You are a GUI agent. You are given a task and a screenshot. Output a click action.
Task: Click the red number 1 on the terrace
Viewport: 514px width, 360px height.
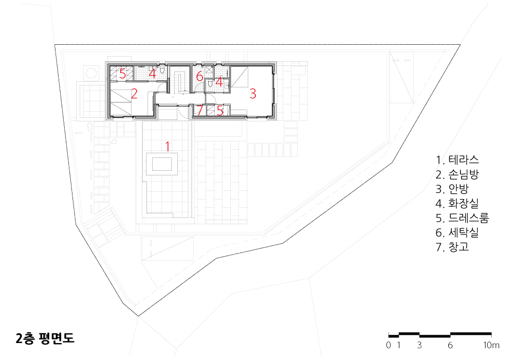point(168,146)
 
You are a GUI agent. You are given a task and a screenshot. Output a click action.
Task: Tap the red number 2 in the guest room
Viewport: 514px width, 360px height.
point(134,94)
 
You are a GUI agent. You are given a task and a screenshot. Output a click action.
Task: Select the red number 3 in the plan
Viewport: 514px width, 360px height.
point(253,94)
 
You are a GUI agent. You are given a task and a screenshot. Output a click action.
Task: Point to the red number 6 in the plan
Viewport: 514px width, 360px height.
point(199,77)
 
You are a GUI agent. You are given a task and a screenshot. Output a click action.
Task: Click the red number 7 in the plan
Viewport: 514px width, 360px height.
point(199,111)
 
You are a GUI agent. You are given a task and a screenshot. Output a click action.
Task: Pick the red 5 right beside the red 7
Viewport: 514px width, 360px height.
point(220,111)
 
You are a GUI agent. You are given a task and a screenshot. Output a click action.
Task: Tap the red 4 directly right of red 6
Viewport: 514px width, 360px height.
point(219,82)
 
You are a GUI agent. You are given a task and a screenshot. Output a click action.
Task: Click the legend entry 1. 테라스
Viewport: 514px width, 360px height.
point(457,160)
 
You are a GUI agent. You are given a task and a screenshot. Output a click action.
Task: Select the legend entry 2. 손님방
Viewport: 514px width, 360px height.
point(457,174)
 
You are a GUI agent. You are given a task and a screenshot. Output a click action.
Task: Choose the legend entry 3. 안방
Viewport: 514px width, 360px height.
point(452,189)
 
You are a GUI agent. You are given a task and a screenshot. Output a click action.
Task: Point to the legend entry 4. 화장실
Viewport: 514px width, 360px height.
point(457,204)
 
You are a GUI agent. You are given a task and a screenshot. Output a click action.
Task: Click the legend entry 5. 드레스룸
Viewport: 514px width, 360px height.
point(462,218)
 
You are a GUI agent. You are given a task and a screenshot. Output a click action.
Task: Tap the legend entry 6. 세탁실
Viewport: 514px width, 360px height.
point(457,232)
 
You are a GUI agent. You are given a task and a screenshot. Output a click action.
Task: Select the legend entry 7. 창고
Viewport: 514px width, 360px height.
point(452,247)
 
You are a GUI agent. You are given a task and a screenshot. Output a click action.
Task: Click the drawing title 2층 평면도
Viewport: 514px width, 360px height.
point(45,338)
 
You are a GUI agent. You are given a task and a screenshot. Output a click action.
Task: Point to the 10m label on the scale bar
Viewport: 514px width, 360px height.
point(491,345)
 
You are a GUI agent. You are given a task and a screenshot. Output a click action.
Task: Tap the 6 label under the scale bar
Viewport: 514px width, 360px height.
point(450,345)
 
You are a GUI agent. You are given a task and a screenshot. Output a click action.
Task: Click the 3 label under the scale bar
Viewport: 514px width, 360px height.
point(419,345)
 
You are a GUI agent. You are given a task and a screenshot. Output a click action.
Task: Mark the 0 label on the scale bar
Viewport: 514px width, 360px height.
point(389,345)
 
